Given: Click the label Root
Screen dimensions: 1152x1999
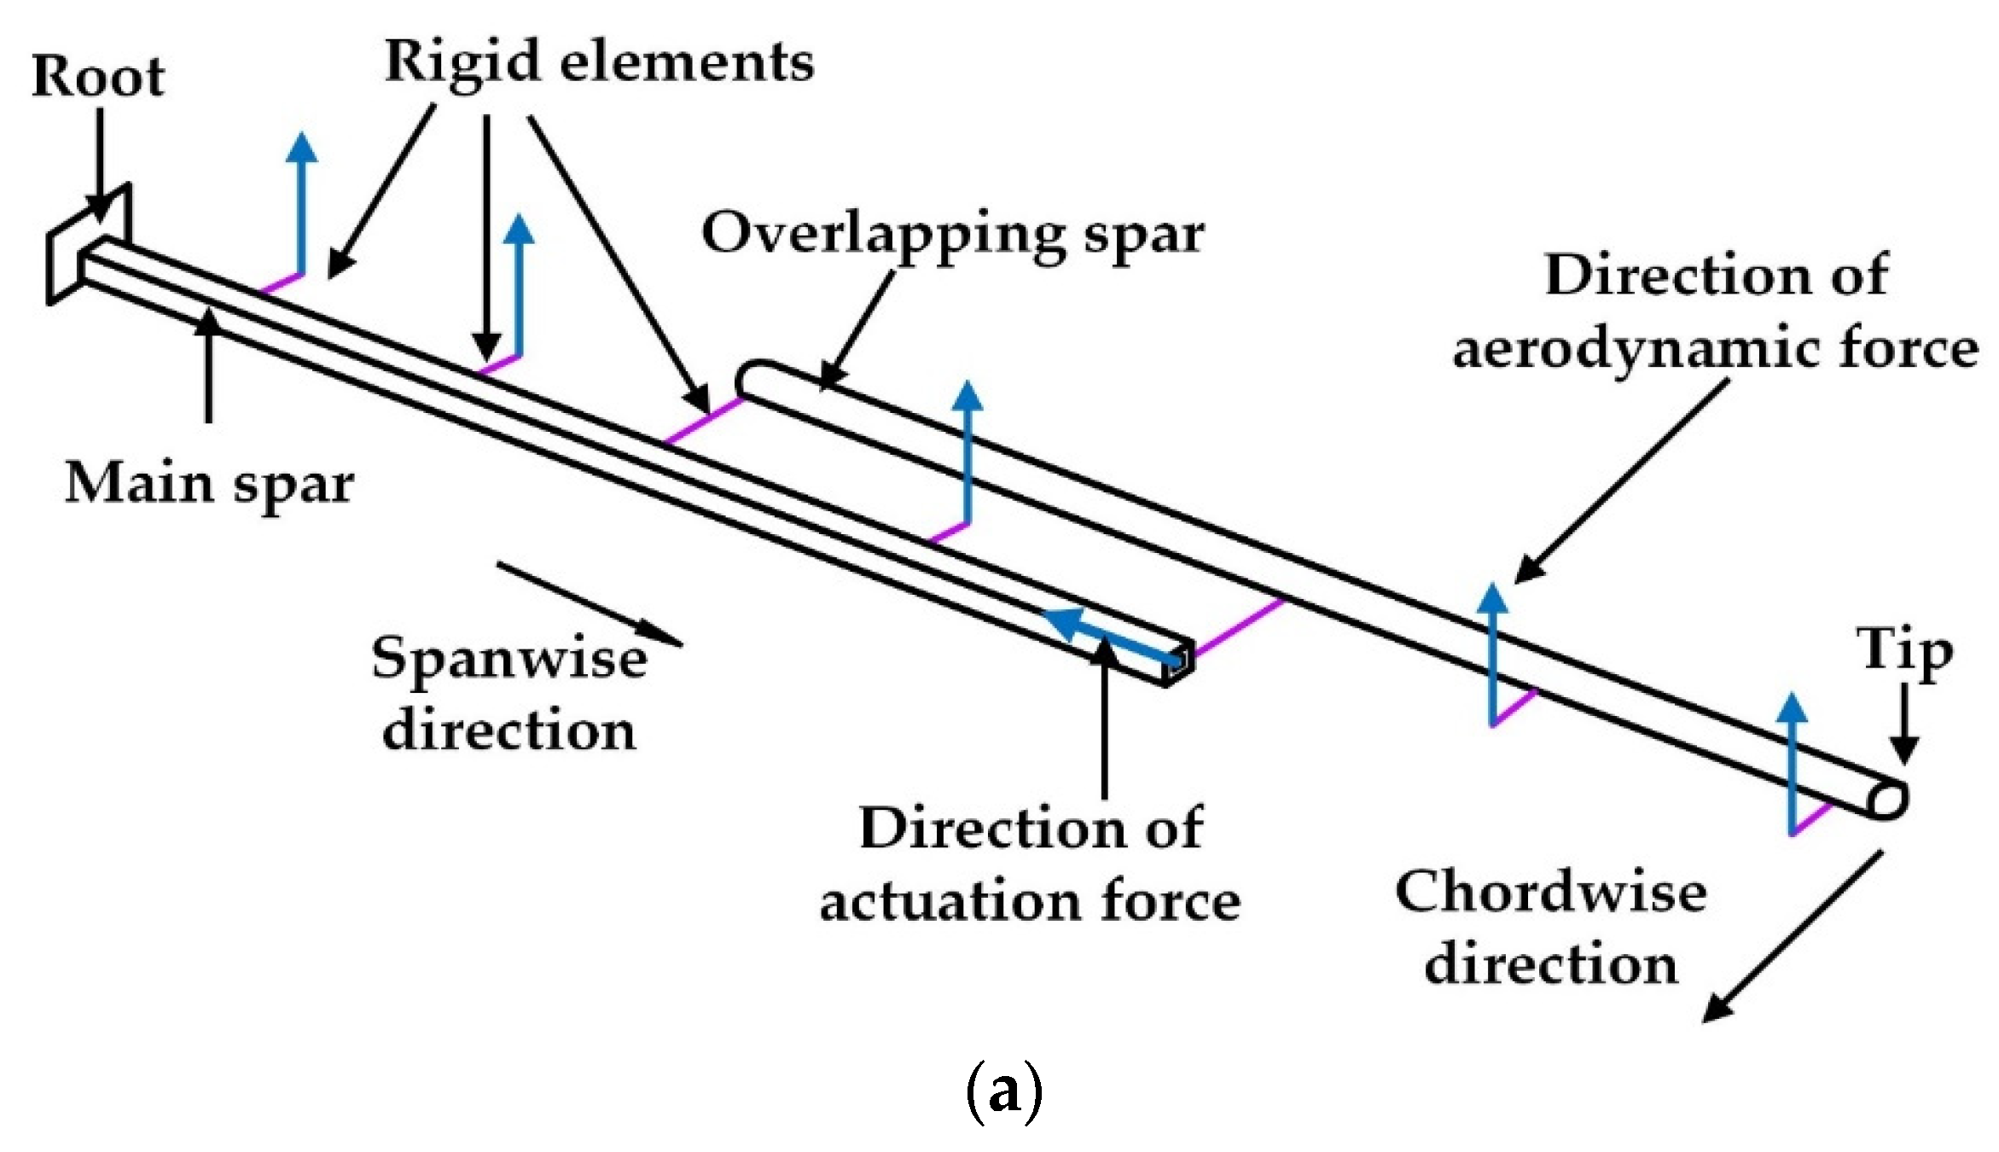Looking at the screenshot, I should [x=97, y=77].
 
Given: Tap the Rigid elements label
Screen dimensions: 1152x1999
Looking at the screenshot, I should [x=599, y=63].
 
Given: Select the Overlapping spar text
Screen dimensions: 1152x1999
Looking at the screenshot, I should [x=952, y=233].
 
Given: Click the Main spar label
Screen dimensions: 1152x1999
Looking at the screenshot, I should [x=209, y=484].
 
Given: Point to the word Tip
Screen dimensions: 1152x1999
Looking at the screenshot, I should [x=1903, y=651].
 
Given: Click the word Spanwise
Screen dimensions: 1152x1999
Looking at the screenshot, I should [x=509, y=658].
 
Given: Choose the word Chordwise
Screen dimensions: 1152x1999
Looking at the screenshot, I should [x=1550, y=893].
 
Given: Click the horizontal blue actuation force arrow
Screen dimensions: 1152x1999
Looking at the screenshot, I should [x=1109, y=637].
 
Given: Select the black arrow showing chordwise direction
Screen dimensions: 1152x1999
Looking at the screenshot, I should [x=1792, y=937].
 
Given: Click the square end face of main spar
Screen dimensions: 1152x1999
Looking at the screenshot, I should [x=1178, y=662].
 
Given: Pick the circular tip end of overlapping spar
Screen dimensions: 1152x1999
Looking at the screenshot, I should [x=1887, y=800].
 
